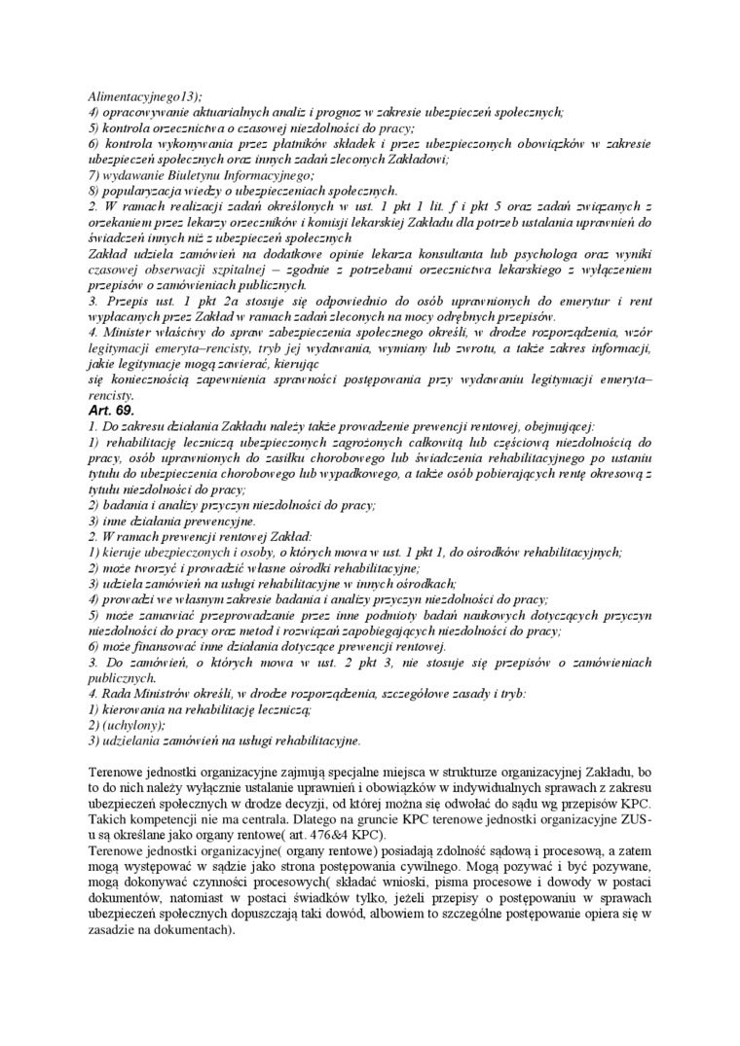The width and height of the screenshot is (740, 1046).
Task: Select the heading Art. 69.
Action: coord(111,412)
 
